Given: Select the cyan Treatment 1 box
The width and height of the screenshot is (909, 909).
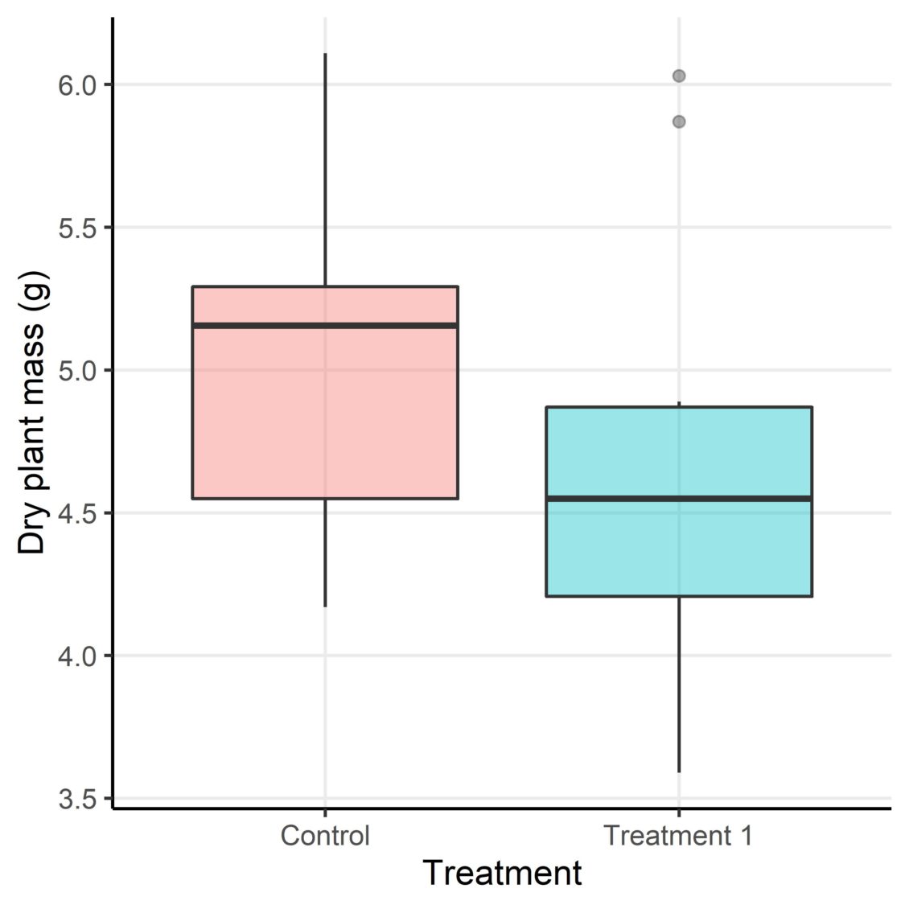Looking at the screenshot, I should [x=679, y=547].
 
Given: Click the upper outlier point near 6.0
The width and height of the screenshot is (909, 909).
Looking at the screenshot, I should [x=679, y=76].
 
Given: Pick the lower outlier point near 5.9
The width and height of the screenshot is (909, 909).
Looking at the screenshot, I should [x=679, y=121].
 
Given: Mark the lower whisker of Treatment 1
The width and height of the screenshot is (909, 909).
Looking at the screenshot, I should [x=679, y=684].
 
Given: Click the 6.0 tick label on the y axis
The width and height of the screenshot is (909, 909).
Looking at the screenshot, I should [x=76, y=84].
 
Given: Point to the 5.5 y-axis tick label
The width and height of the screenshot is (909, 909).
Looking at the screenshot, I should [x=76, y=228].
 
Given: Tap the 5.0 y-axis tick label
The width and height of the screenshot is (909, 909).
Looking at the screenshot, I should [x=76, y=370].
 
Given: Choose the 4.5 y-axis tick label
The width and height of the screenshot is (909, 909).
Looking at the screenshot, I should [x=76, y=513].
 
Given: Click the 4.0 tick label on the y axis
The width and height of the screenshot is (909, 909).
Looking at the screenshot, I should [x=76, y=656].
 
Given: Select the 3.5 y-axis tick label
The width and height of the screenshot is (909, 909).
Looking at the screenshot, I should [x=76, y=799].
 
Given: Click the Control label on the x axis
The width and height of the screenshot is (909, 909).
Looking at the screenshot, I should [x=325, y=835].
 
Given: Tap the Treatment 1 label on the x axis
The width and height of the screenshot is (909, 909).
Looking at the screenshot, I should [x=679, y=835].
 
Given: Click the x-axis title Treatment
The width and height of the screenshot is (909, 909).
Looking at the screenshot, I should [x=502, y=873].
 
